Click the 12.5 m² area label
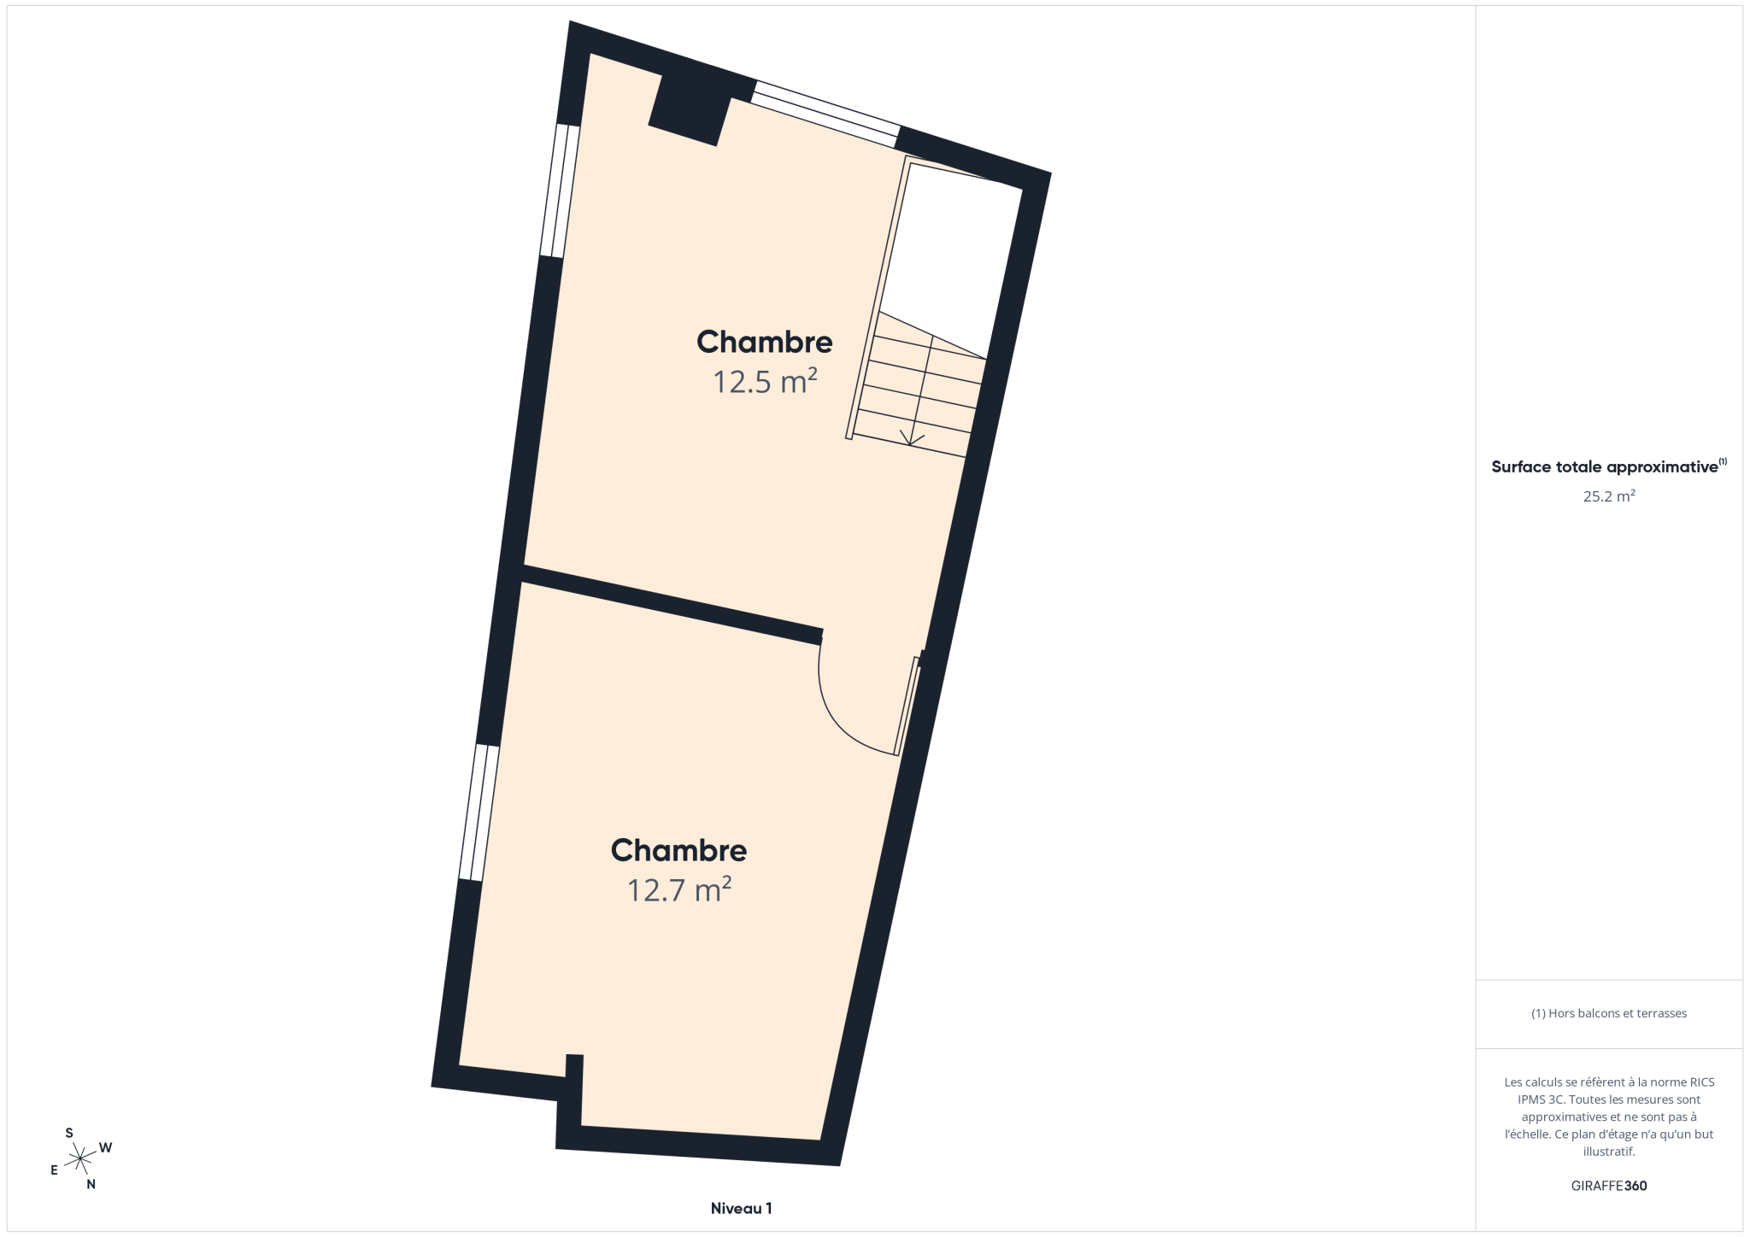pyautogui.click(x=765, y=381)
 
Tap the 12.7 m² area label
pyautogui.click(x=679, y=889)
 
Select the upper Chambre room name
pyautogui.click(x=765, y=342)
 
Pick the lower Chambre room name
pyautogui.click(x=679, y=850)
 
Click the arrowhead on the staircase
pyautogui.click(x=912, y=438)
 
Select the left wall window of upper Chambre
pyautogui.click(x=561, y=191)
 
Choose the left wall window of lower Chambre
pyautogui.click(x=479, y=812)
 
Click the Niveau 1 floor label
pyautogui.click(x=742, y=1208)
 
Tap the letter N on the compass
pyautogui.click(x=91, y=1184)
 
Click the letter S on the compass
pyautogui.click(x=69, y=1133)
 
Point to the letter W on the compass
pyautogui.click(x=106, y=1147)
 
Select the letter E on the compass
pyautogui.click(x=54, y=1170)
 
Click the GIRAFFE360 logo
pyautogui.click(x=1609, y=1186)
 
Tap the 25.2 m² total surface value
pyautogui.click(x=1609, y=495)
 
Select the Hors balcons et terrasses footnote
pyautogui.click(x=1609, y=1013)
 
